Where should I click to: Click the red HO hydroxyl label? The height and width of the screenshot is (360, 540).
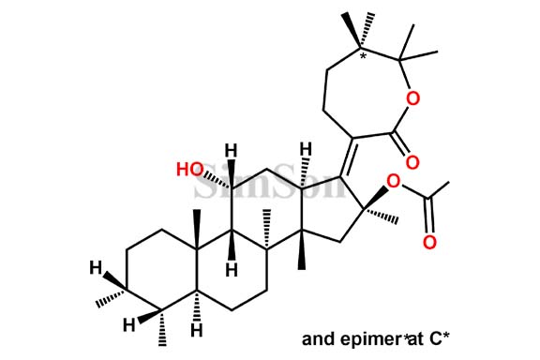tap(191, 169)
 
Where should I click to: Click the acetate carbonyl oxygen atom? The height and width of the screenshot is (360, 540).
tap(428, 244)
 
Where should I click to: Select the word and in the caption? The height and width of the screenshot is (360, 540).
tap(317, 337)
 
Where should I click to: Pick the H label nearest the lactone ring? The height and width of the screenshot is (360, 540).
tap(305, 148)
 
